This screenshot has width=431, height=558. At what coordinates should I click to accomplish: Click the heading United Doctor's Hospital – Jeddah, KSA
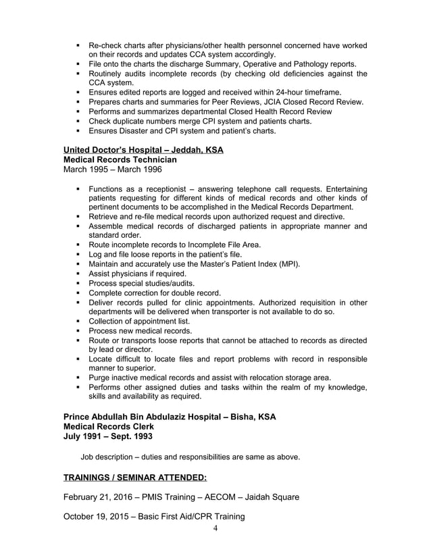(x=143, y=149)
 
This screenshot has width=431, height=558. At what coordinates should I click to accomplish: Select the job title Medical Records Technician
(x=120, y=159)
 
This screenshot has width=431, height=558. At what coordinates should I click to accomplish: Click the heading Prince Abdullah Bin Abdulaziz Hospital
(x=169, y=416)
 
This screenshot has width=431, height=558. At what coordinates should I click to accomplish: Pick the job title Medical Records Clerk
(x=108, y=426)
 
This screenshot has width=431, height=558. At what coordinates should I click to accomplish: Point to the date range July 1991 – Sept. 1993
(x=107, y=436)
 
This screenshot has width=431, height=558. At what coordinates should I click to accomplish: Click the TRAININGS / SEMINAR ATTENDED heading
(x=134, y=478)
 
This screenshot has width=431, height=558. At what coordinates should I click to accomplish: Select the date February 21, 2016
(x=101, y=498)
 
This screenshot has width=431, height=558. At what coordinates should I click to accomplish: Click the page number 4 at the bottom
(x=215, y=528)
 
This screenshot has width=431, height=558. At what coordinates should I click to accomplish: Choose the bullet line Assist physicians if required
(x=137, y=274)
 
